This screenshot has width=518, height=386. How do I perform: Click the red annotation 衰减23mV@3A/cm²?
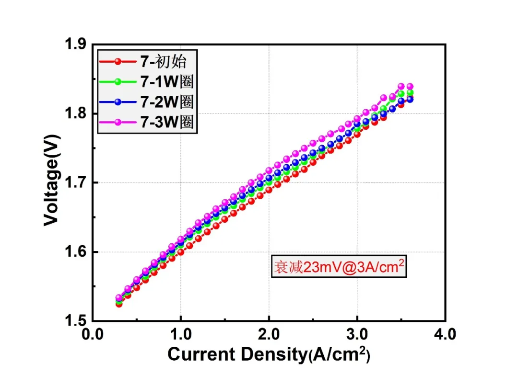[339, 267]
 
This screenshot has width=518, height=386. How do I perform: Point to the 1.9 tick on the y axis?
[75, 44]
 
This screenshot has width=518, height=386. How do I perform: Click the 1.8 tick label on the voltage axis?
[75, 113]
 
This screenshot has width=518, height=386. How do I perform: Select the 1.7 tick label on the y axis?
[75, 182]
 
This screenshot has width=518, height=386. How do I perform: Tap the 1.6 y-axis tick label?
[75, 252]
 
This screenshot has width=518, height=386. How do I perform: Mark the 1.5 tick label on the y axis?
[75, 321]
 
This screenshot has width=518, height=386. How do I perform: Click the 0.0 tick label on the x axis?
[93, 334]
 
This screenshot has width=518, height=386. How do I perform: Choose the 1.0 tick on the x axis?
[181, 334]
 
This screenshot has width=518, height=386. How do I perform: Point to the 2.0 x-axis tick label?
[269, 334]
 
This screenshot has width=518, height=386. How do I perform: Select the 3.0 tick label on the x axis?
[357, 334]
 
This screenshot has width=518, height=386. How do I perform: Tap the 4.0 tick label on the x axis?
[445, 334]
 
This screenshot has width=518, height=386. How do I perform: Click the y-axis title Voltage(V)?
[52, 180]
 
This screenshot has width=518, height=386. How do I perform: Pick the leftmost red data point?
[119, 304]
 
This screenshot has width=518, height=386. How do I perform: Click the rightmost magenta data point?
[410, 86]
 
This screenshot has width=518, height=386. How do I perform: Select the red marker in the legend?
[118, 62]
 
